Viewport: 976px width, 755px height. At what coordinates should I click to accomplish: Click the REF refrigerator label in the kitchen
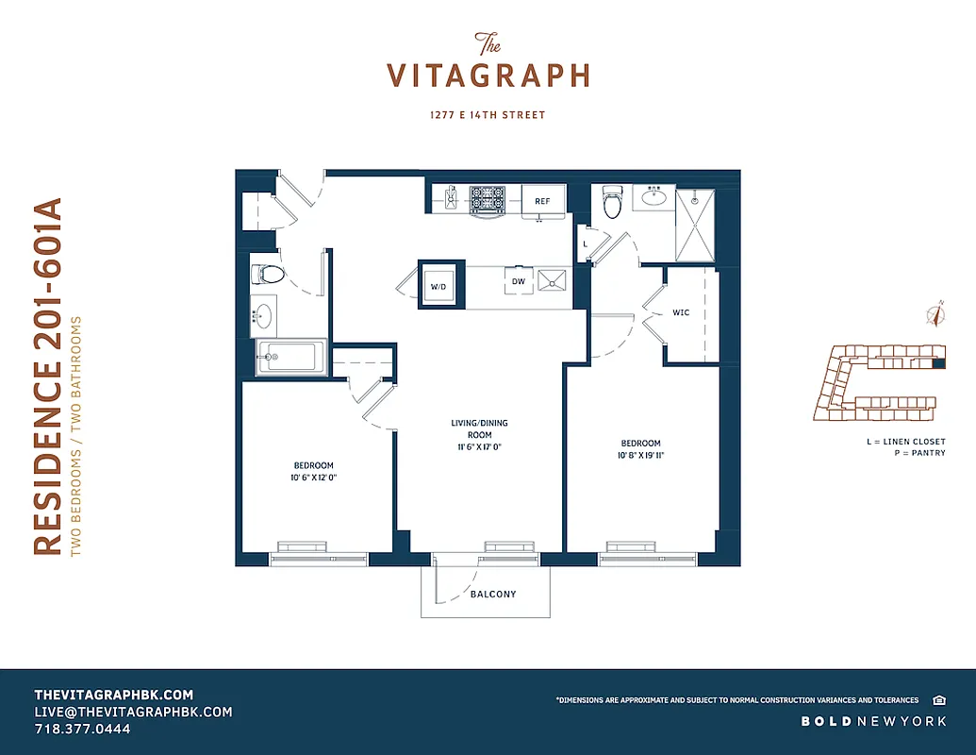pos(542,201)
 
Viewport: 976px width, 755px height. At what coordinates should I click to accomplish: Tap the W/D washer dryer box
pos(438,285)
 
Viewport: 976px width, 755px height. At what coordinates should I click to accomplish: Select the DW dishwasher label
pos(518,281)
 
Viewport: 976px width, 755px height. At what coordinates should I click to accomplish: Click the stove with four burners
pos(487,199)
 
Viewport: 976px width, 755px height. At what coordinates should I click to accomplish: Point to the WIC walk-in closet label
pos(682,312)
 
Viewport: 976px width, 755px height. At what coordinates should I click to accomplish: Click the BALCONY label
pos(493,595)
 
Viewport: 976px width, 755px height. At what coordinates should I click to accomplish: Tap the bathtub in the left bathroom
pos(290,358)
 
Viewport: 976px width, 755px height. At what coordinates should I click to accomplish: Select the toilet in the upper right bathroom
pos(613,201)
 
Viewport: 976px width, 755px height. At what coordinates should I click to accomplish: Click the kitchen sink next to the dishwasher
pos(552,280)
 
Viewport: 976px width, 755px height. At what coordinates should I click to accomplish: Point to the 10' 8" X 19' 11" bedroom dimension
pos(640,456)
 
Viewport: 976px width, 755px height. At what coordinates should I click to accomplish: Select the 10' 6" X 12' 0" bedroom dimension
pos(312,478)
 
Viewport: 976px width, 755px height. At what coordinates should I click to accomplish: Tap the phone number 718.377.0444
pos(82,730)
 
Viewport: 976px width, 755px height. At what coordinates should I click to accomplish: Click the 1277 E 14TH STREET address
pos(488,115)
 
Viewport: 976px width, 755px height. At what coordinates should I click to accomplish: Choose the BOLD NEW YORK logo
pos(873,721)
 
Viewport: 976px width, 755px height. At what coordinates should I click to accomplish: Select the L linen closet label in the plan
pos(586,243)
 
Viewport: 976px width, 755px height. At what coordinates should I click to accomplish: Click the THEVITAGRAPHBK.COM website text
pos(113,694)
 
